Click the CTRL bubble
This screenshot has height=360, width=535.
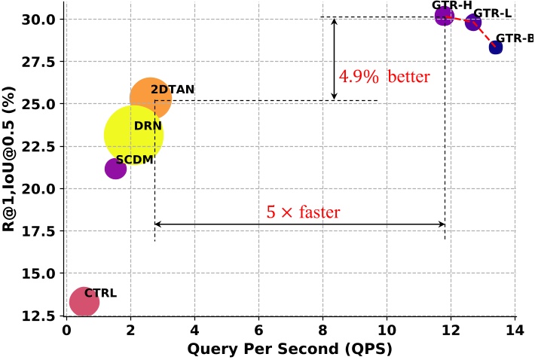coord(84,302)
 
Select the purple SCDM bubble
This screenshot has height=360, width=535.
coord(115,169)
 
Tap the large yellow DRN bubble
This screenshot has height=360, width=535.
coord(134,135)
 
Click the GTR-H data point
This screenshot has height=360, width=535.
coord(444,15)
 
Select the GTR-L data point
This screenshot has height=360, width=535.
coord(473,23)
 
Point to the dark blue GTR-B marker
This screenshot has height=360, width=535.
coord(495,47)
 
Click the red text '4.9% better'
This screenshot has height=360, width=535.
coord(384,77)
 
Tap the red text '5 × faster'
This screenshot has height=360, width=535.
coord(303,212)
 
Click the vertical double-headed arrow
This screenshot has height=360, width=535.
coord(335,59)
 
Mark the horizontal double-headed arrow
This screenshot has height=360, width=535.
coord(300,224)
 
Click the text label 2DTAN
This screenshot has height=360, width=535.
coord(173,90)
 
